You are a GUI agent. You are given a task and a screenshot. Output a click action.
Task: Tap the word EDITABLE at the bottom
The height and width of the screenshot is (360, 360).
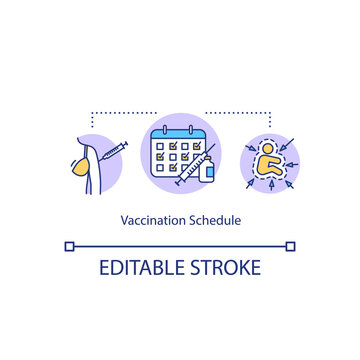(138, 267)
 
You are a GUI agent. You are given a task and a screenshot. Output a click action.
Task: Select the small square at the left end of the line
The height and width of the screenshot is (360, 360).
(69, 244)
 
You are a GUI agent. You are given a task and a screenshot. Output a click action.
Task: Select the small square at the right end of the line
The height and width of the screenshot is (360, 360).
(290, 244)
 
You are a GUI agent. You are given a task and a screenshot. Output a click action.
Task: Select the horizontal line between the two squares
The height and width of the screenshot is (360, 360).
(180, 244)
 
